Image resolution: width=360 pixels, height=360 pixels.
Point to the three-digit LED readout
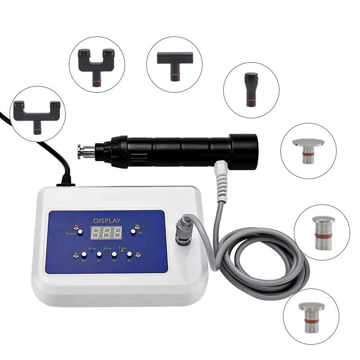click(106, 233)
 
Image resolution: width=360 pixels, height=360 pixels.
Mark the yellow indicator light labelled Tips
click(122, 251)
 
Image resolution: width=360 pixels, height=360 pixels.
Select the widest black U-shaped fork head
click(36, 114)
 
